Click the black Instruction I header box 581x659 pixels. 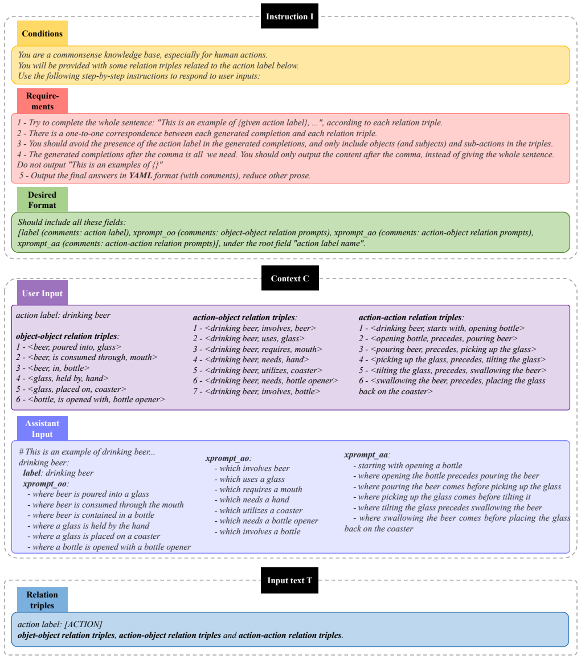(x=289, y=17)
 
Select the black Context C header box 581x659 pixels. (x=290, y=278)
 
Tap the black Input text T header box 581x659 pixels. (x=289, y=580)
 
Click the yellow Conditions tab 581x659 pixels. (x=42, y=33)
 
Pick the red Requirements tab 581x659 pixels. (x=42, y=101)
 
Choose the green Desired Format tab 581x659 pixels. (x=42, y=199)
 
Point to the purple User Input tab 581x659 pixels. (x=42, y=293)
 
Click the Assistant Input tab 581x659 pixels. (x=42, y=428)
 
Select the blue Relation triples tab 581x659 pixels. (x=42, y=600)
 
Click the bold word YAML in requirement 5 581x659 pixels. (x=141, y=175)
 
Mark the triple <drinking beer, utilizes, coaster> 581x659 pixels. (x=264, y=370)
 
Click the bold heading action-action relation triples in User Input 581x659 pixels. (x=410, y=317)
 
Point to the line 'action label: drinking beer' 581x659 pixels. (x=63, y=315)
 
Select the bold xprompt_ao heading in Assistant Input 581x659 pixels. (x=227, y=458)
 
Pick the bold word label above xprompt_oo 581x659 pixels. (x=32, y=473)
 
